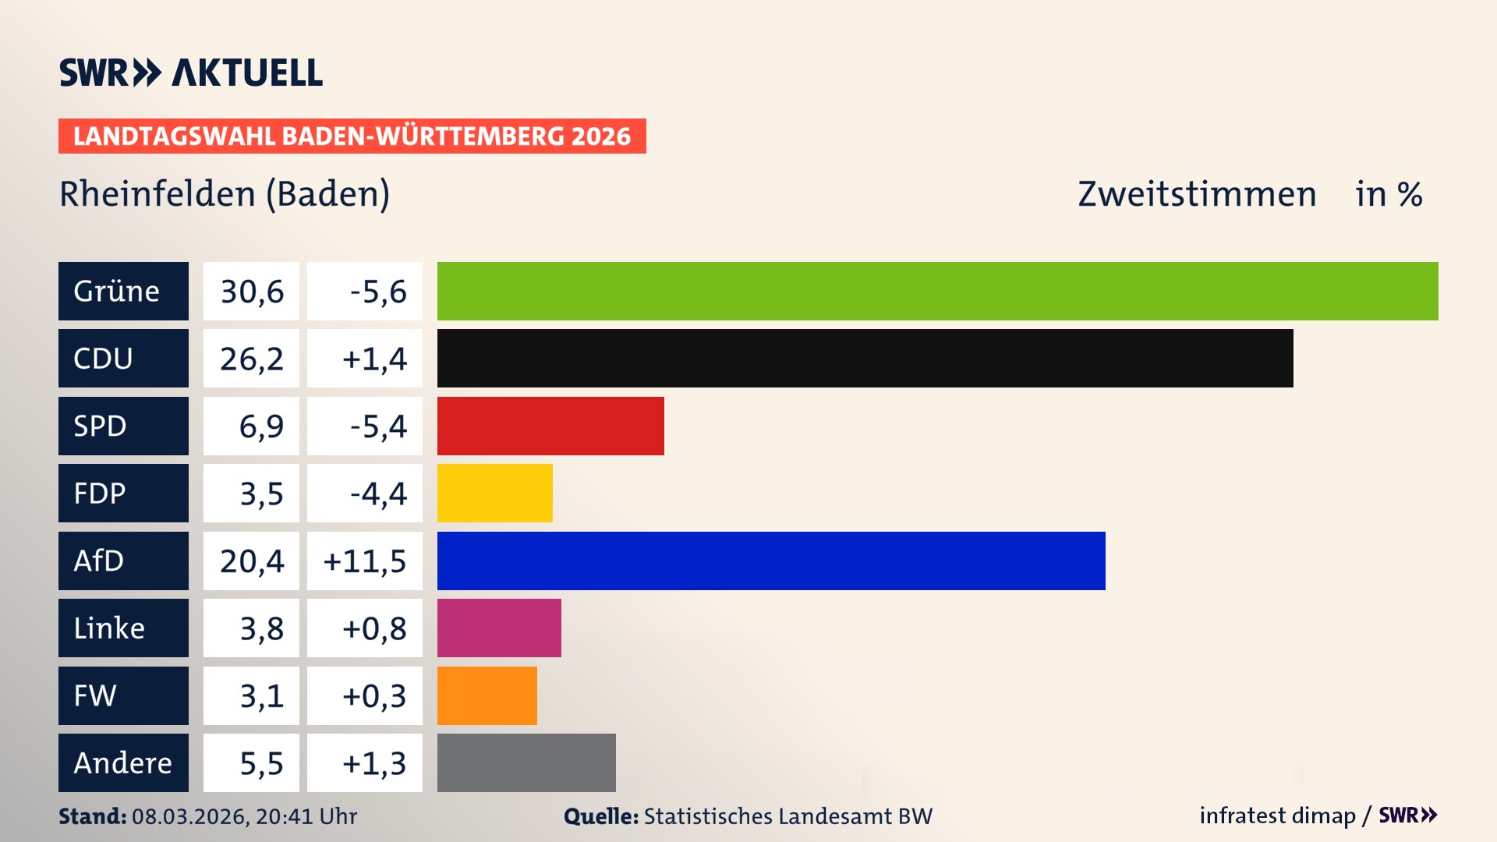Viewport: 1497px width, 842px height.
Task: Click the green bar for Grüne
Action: (937, 291)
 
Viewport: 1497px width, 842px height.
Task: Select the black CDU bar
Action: (865, 358)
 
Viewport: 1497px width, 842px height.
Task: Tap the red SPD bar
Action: (550, 426)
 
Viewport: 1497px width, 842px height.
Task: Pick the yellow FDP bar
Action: (494, 493)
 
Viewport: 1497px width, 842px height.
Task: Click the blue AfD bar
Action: (771, 561)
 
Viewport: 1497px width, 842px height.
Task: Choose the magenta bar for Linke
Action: (499, 628)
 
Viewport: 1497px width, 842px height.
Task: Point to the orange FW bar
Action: (487, 695)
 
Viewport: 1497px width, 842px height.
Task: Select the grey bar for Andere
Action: (526, 762)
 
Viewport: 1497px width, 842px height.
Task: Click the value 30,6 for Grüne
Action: (251, 292)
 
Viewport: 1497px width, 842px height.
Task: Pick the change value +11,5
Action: (365, 561)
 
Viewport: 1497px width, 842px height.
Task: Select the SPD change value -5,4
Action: (377, 426)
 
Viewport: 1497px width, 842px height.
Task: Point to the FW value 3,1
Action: (261, 696)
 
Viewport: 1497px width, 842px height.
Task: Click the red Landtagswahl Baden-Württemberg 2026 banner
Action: (352, 136)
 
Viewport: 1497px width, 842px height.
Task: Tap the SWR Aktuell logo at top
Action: (190, 73)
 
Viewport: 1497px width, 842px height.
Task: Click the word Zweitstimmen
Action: (1197, 194)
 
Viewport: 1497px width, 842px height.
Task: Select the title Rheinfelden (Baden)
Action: (225, 194)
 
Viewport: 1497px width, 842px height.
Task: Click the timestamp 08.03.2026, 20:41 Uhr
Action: (244, 816)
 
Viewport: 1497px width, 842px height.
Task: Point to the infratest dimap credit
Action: (1277, 815)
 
